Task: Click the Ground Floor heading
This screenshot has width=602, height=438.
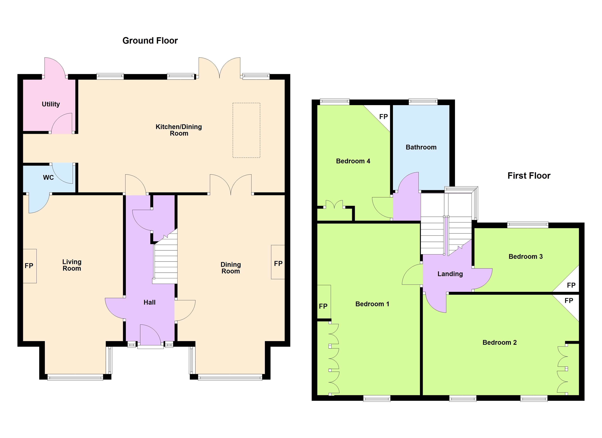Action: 150,41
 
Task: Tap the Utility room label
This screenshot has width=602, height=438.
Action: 51,104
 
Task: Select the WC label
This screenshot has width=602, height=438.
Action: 48,177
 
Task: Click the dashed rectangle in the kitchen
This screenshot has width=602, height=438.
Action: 246,130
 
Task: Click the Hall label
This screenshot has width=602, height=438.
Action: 149,302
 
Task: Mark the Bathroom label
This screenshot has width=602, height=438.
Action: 421,147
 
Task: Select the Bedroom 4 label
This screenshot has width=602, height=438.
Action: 353,161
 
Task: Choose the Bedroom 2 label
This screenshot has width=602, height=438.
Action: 499,342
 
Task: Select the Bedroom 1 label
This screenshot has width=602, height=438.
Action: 372,304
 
